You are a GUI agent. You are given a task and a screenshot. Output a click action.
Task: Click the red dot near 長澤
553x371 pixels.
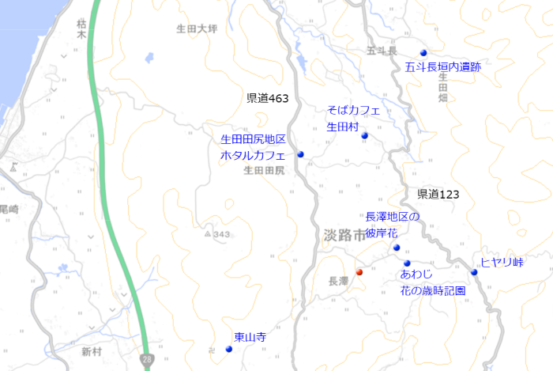(x=359, y=271)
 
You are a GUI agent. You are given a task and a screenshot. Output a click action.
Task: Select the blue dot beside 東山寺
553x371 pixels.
(x=229, y=349)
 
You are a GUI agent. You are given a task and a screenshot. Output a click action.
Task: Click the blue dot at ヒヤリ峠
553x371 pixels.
(x=474, y=272)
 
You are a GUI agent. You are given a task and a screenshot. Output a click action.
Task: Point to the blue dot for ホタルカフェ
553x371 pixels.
(x=300, y=155)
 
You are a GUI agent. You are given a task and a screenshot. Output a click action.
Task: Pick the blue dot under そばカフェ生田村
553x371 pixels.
(x=364, y=136)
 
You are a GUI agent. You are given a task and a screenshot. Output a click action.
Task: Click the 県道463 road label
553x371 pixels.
(x=268, y=99)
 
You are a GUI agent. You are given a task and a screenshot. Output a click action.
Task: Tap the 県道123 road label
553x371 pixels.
(x=438, y=194)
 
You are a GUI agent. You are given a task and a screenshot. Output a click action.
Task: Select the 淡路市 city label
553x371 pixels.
(x=345, y=235)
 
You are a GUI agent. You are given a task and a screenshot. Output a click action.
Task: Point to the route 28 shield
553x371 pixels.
(x=148, y=359)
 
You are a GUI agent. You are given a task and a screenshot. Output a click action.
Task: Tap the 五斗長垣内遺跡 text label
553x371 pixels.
(x=442, y=67)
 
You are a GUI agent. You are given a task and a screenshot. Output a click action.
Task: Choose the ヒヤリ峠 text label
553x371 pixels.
(x=502, y=262)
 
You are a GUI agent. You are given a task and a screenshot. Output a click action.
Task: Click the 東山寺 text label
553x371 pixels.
(x=250, y=337)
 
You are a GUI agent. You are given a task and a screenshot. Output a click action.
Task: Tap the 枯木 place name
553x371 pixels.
(x=81, y=29)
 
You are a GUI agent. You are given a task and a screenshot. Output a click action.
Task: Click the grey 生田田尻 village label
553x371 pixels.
(x=264, y=170)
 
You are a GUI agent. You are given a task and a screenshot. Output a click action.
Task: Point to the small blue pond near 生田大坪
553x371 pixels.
(x=149, y=57)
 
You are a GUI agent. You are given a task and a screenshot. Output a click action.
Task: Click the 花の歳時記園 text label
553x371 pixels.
(x=432, y=290)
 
